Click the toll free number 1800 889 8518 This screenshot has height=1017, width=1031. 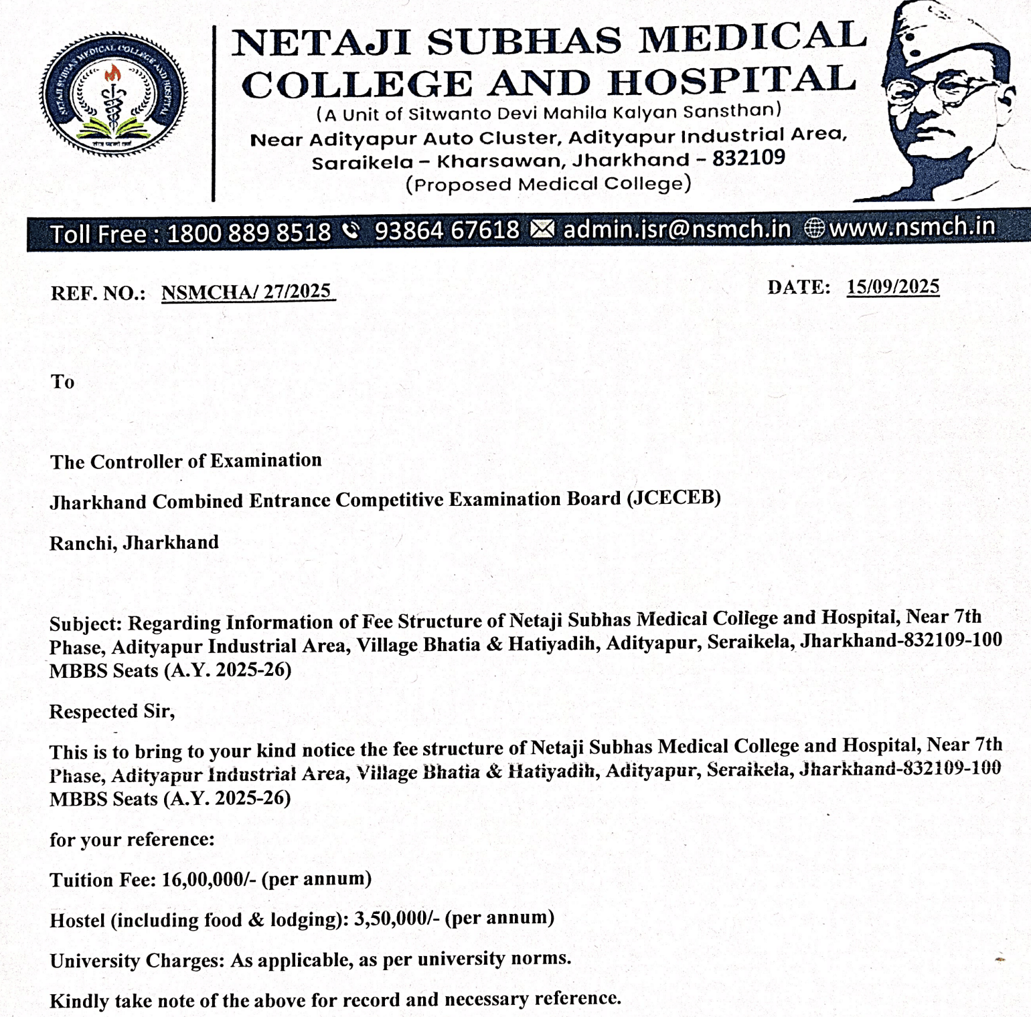click(x=248, y=233)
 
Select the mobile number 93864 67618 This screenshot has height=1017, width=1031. click(x=447, y=231)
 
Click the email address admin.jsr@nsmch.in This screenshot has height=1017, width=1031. click(x=677, y=229)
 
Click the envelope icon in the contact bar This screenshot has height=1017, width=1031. click(x=542, y=229)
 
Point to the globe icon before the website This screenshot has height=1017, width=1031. click(x=814, y=228)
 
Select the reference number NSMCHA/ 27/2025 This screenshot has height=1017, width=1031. click(x=246, y=292)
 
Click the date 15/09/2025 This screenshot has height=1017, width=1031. click(x=892, y=287)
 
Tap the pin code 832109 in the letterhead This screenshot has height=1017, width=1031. click(x=748, y=158)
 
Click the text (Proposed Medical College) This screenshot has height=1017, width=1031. click(x=548, y=184)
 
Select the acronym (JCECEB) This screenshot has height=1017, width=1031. click(x=673, y=498)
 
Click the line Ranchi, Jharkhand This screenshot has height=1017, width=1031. click(x=134, y=543)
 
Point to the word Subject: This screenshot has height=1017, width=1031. click(x=85, y=624)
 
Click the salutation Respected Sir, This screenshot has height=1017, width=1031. click(x=112, y=711)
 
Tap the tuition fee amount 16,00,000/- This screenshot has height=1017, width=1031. click(x=209, y=879)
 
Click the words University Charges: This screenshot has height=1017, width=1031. click(x=137, y=961)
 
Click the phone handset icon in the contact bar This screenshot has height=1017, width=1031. click(x=351, y=231)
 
